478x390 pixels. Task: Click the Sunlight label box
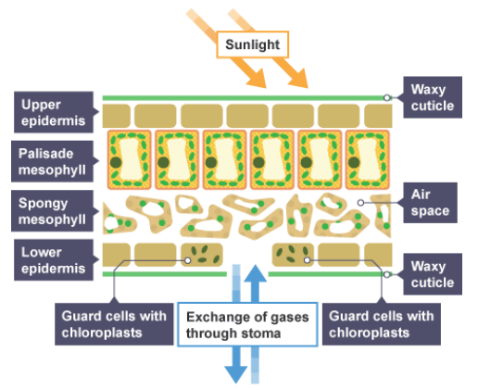coord(253,44)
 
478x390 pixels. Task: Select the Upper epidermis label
coord(54,112)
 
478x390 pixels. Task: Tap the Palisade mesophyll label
coord(52,161)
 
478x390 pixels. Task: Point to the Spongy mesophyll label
coord(52,211)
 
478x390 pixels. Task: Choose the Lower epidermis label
coord(54,260)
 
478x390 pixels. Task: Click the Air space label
coord(430,203)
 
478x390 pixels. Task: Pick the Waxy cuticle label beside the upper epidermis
coord(433,97)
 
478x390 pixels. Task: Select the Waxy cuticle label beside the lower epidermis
coord(433,274)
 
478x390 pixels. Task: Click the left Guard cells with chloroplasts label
coord(114,324)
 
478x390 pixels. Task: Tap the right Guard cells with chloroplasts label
coord(382,324)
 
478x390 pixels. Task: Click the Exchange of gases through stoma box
coord(247,324)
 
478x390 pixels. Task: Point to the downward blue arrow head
coord(236,373)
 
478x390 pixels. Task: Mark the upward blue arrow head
coord(256,274)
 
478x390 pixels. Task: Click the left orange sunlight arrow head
coord(258,79)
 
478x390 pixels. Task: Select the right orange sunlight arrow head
coord(300,79)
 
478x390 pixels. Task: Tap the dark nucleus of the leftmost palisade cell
coord(116,162)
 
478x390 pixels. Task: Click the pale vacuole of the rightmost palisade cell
coord(368,159)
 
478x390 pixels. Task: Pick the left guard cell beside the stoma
coord(202,255)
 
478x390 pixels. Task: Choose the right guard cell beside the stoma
coord(293,255)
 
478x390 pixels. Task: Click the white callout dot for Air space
coord(360,203)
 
